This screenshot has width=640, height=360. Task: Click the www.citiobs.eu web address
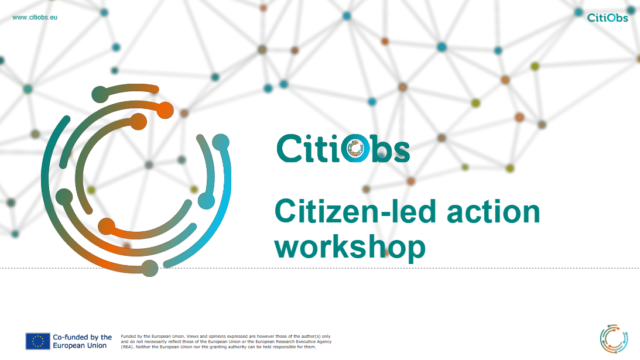(35, 18)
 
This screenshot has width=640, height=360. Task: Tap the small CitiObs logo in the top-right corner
(607, 18)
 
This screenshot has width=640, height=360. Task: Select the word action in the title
(494, 212)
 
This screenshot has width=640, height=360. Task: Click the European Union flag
(37, 341)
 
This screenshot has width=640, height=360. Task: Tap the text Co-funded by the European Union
(82, 341)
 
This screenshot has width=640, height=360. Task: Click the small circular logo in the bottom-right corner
(614, 339)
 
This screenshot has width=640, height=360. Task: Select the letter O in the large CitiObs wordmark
(355, 148)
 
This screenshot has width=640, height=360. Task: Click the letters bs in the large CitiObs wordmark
(390, 149)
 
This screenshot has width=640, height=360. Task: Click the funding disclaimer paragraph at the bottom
(226, 342)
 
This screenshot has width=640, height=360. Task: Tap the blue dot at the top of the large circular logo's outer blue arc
(221, 142)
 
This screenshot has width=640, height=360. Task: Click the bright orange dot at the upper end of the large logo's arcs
(165, 110)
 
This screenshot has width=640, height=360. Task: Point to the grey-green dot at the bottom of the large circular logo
(150, 268)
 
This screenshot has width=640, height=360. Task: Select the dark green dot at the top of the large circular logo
(100, 94)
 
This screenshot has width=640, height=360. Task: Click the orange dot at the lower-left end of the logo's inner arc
(107, 227)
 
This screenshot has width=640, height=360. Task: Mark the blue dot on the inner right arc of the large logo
(207, 201)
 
